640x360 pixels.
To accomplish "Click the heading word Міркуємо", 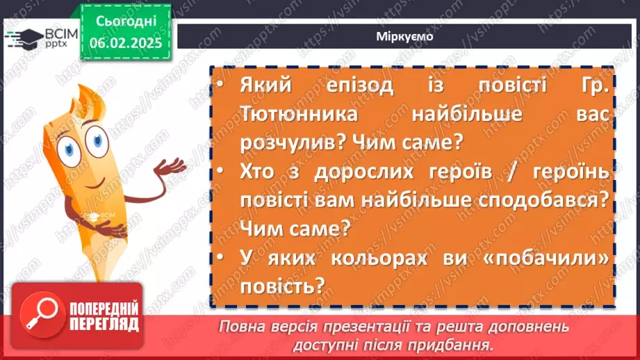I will pyautogui.click(x=408, y=37).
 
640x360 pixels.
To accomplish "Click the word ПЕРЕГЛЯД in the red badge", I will pyautogui.click(x=103, y=324).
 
